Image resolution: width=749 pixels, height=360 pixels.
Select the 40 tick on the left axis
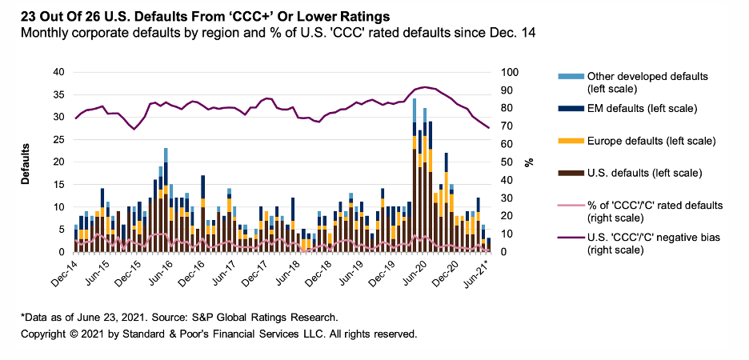57,71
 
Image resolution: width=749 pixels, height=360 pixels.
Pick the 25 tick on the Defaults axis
57,139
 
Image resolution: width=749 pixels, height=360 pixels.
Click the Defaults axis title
25,162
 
